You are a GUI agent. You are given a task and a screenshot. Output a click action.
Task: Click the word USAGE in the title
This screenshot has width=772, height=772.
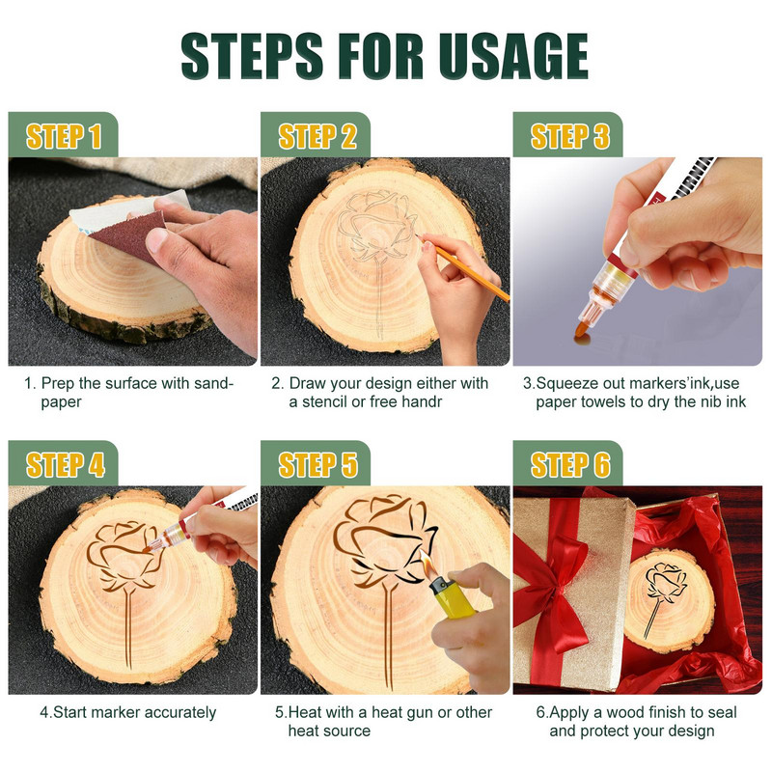pos(513,56)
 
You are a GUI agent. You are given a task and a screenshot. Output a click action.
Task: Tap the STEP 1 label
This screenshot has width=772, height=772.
pos(64,136)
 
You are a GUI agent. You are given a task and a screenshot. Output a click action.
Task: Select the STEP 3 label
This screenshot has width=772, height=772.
pos(569,136)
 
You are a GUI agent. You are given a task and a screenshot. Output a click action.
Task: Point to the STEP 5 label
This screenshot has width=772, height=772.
pos(317,465)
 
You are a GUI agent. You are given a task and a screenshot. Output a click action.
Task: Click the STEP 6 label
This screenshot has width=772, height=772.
pos(570,465)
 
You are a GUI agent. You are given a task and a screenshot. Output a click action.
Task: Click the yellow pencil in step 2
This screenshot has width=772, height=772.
pos(464,267)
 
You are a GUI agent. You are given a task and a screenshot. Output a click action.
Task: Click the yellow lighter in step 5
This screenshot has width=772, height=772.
pos(451,597)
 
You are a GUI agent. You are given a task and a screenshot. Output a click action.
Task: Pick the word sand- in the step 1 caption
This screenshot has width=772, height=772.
pos(213,383)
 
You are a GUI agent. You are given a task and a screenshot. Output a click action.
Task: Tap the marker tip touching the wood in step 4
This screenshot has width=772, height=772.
pos(147,548)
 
